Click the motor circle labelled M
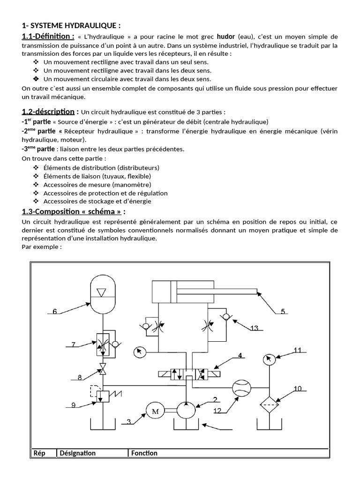click(155, 411)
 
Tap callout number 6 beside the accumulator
click(55, 311)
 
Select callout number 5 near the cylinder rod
click(283, 311)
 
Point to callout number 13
click(254, 329)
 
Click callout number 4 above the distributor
click(240, 356)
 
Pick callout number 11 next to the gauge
click(297, 350)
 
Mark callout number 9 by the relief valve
click(74, 405)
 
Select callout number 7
click(74, 345)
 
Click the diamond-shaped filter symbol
click(269, 405)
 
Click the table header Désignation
click(77, 453)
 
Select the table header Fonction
click(144, 453)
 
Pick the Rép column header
click(39, 453)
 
